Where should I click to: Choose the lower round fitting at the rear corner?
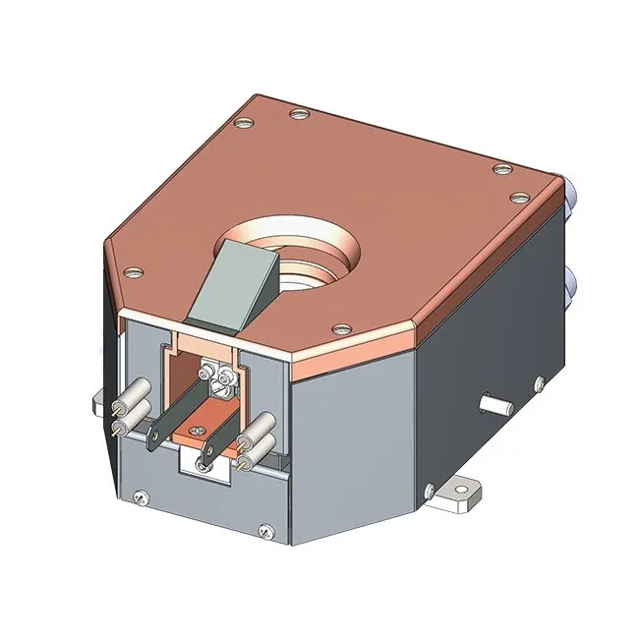coord(569,286)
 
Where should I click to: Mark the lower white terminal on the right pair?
coord(257,448)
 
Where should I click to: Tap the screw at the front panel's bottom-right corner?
coord(263,532)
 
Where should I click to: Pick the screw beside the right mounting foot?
coord(429,488)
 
